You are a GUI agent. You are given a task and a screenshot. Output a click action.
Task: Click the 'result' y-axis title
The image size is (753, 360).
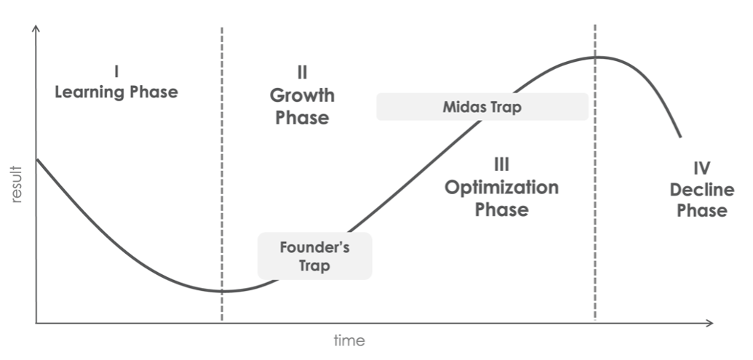(17, 184)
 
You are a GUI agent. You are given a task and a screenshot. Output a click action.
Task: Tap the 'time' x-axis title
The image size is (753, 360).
(349, 341)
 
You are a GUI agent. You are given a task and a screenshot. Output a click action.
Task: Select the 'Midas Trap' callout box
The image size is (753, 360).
(482, 107)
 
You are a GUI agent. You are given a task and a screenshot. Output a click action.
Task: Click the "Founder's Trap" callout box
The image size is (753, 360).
(314, 256)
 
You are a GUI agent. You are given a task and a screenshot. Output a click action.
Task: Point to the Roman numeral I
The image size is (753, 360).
(116, 72)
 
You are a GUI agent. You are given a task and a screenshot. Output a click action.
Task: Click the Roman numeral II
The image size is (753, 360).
(302, 73)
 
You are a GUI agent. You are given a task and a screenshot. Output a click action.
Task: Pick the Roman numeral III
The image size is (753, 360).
(501, 164)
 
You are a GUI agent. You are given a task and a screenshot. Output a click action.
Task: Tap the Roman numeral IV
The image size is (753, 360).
(701, 169)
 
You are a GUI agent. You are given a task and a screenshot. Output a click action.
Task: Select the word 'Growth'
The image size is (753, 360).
(302, 95)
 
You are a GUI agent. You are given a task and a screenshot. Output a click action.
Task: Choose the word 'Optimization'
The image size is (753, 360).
(501, 188)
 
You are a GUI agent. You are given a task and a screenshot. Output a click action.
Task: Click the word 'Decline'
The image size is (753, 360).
(701, 190)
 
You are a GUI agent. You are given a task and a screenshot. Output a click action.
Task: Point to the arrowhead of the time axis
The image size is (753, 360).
(710, 323)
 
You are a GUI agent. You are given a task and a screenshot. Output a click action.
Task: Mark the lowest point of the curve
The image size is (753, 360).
(223, 291)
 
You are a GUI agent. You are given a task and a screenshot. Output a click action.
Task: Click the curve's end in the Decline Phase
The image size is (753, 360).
(680, 137)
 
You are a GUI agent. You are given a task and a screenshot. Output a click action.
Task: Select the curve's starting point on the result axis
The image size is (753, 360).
(37, 159)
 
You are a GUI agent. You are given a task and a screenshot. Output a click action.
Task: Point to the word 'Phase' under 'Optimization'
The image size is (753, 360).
(502, 209)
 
